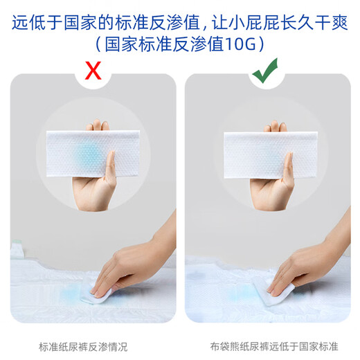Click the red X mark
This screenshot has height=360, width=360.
[x=93, y=71]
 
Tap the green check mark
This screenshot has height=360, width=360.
[x=265, y=71]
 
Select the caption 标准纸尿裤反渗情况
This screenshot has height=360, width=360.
[x=83, y=347]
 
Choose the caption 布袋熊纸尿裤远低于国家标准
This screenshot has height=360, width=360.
[x=274, y=347]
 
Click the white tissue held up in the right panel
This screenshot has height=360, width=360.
[x=271, y=155]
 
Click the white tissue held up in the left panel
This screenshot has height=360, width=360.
[x=93, y=154]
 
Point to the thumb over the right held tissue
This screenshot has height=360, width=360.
[x=288, y=167]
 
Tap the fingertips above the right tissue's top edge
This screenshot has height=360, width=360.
[x=276, y=126]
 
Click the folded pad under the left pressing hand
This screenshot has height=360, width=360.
[x=97, y=296]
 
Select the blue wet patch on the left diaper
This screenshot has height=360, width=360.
[x=71, y=293]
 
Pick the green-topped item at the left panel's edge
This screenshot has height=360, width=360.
[x=17, y=249]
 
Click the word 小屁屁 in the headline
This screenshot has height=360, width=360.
[x=255, y=23]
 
